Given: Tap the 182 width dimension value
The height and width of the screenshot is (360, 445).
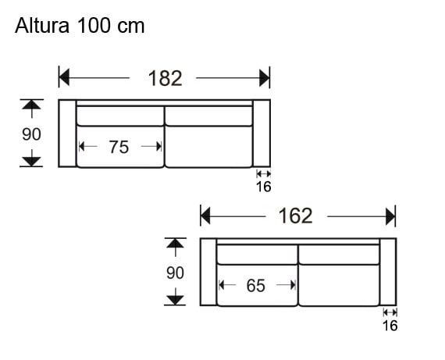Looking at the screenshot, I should (164, 78).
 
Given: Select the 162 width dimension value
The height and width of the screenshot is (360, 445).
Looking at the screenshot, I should (295, 216).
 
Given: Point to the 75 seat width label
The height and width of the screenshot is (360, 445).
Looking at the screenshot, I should (119, 146).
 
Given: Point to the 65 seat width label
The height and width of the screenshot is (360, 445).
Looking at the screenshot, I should (256, 286).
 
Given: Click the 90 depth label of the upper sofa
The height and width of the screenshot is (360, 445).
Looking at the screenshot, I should (31, 134).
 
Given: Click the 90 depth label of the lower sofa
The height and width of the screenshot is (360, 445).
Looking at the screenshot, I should (175, 273).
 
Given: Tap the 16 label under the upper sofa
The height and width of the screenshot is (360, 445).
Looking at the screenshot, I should (263, 186).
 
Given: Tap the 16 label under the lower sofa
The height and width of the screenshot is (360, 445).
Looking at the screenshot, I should (390, 325).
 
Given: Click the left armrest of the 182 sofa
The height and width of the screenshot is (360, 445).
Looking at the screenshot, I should (67, 134).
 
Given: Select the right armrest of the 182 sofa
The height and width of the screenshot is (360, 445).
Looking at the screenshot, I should (262, 134).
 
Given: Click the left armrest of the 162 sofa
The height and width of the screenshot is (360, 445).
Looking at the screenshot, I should (208, 272).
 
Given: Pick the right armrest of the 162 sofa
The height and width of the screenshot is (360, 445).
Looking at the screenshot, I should (388, 272).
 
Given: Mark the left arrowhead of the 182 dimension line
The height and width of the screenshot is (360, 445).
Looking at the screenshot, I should (65, 78).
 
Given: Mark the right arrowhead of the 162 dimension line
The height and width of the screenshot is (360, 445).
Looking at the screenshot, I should (390, 216).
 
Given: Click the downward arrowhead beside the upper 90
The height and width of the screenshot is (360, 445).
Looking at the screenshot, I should (31, 161).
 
